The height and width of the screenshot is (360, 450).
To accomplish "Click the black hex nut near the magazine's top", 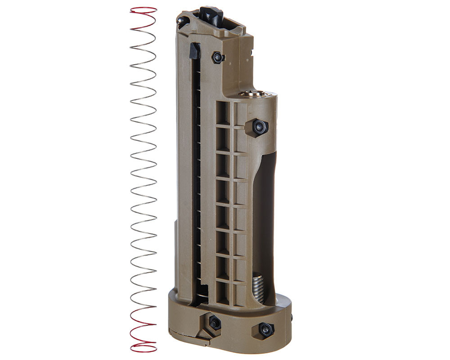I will click(218, 57).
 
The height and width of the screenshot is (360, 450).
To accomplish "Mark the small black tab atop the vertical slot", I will click(194, 50).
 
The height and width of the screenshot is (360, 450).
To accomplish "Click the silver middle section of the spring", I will click(144, 180).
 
